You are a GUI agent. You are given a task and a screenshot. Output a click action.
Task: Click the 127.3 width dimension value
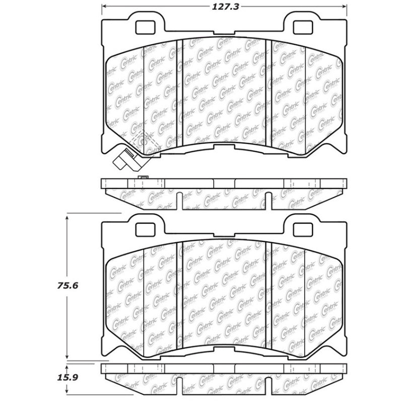(225, 8)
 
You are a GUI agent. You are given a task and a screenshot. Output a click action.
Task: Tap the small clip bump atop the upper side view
(143, 178)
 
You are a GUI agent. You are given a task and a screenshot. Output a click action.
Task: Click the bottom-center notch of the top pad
(225, 147)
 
